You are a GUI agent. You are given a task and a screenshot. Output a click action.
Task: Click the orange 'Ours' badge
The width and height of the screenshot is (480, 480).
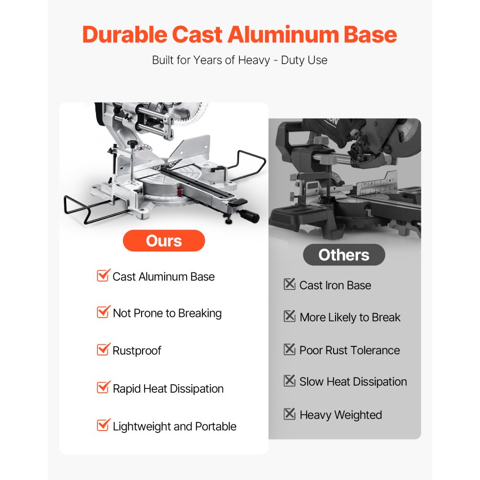(x=164, y=240)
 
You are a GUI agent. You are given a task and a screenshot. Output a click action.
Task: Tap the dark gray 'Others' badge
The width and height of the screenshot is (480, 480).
(x=344, y=255)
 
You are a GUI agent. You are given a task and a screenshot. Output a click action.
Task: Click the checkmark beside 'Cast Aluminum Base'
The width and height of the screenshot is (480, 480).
(x=103, y=275)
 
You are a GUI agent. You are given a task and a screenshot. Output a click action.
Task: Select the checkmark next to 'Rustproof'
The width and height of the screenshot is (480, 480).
(x=103, y=349)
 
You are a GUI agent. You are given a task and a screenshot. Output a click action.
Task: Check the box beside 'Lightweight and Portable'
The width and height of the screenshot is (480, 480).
(x=103, y=425)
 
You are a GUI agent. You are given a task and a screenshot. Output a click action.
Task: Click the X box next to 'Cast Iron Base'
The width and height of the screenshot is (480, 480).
(x=289, y=284)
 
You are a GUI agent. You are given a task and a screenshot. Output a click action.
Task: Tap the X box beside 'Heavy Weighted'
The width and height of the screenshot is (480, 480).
(x=289, y=414)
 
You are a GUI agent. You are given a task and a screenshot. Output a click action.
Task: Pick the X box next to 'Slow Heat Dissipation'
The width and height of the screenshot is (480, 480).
(x=289, y=381)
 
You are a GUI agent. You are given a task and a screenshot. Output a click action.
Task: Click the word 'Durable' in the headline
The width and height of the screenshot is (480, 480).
(x=125, y=34)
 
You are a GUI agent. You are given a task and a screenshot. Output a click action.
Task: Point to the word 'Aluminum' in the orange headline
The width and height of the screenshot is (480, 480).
(x=283, y=34)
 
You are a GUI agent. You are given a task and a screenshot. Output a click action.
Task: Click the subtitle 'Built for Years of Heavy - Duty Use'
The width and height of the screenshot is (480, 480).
(x=240, y=60)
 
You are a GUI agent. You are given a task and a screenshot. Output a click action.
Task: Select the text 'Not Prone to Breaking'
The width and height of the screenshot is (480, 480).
(x=167, y=313)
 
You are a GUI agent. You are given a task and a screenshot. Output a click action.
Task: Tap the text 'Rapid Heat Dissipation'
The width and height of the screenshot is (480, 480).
(x=168, y=389)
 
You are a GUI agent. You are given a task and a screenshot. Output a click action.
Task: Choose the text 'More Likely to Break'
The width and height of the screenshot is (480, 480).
(x=350, y=317)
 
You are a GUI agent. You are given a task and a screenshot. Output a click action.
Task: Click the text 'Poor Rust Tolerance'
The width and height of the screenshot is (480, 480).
(x=349, y=350)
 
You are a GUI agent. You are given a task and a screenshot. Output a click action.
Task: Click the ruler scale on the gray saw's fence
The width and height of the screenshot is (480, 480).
(x=378, y=185)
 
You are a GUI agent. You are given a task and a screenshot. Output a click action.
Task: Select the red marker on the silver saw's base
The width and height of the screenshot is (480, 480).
(x=180, y=192)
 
